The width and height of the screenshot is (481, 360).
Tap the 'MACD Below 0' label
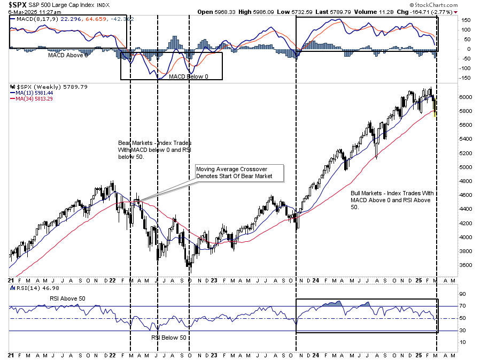tap(189, 76)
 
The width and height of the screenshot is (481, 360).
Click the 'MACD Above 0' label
tap(68, 55)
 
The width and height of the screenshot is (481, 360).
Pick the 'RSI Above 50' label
tap(67, 298)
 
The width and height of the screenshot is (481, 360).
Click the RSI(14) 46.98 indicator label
tap(26, 289)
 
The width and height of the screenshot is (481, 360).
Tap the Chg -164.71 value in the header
tap(432, 12)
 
